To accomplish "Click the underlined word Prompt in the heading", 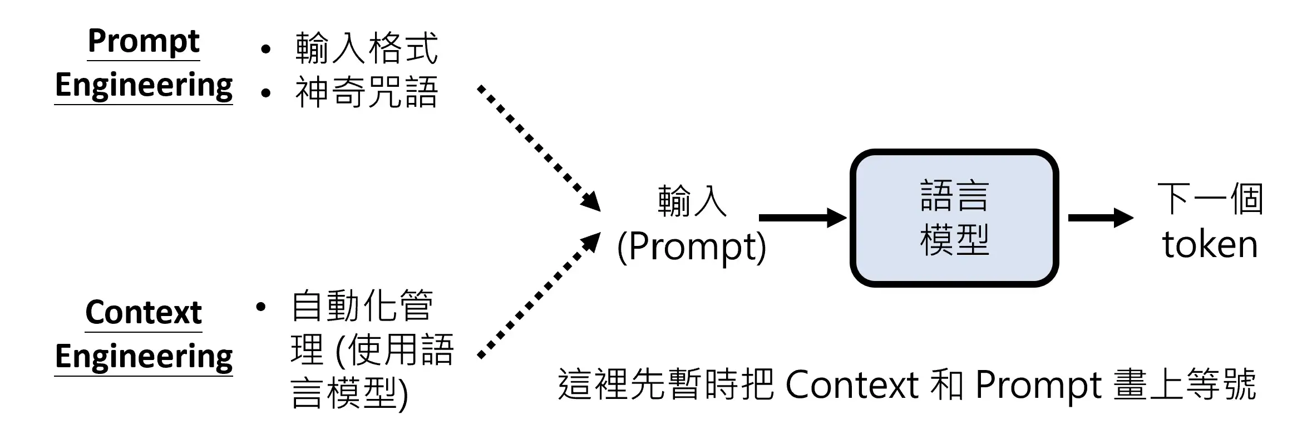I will (x=144, y=41).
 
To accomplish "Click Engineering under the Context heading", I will (x=144, y=357).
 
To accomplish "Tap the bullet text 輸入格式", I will (x=367, y=48).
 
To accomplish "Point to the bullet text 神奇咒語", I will (x=367, y=92).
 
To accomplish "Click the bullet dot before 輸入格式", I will (x=265, y=49).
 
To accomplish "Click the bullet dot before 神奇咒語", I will (x=265, y=93).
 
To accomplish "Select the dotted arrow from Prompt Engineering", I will (x=537, y=147).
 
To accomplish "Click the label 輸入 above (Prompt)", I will (x=692, y=201).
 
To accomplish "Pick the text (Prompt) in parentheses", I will (x=692, y=246).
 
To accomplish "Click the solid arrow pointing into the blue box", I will (x=801, y=218).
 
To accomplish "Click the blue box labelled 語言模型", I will (x=954, y=218).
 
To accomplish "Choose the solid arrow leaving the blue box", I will (x=1099, y=218).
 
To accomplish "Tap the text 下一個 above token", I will (x=1210, y=199).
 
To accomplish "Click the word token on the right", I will (x=1210, y=245).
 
